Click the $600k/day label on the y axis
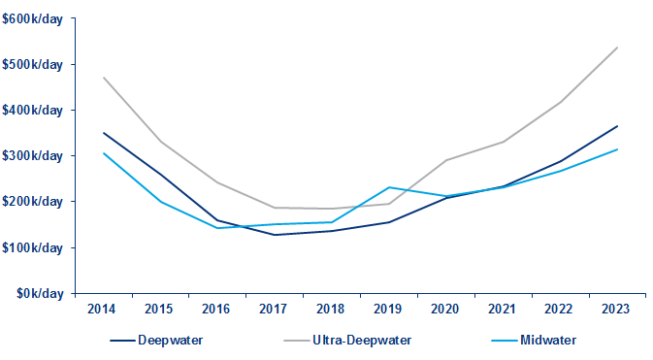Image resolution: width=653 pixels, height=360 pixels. coord(34,18)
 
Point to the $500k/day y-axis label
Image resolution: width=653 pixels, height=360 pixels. coord(34,64)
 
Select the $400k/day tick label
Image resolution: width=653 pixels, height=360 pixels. coord(34,110)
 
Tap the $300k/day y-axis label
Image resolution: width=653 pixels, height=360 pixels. coord(34,155)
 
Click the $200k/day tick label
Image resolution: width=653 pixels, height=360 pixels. coord(34,201)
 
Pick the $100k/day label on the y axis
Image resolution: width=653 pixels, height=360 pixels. coord(34,246)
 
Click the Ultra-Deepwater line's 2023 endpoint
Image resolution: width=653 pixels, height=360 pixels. coord(617,47)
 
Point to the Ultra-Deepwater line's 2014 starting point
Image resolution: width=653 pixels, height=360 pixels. coord(103,78)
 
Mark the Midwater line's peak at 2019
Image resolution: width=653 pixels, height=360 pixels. coord(388,187)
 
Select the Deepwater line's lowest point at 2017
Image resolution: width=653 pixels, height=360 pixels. coord(275,235)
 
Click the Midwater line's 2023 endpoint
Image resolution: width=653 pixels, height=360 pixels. coord(617,149)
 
